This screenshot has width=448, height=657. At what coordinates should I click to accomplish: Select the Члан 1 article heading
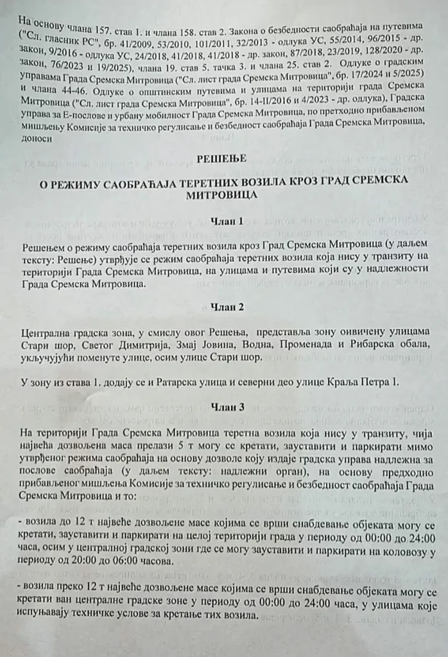tap(227, 221)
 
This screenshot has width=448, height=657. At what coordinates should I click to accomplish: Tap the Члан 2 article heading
tap(227, 307)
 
